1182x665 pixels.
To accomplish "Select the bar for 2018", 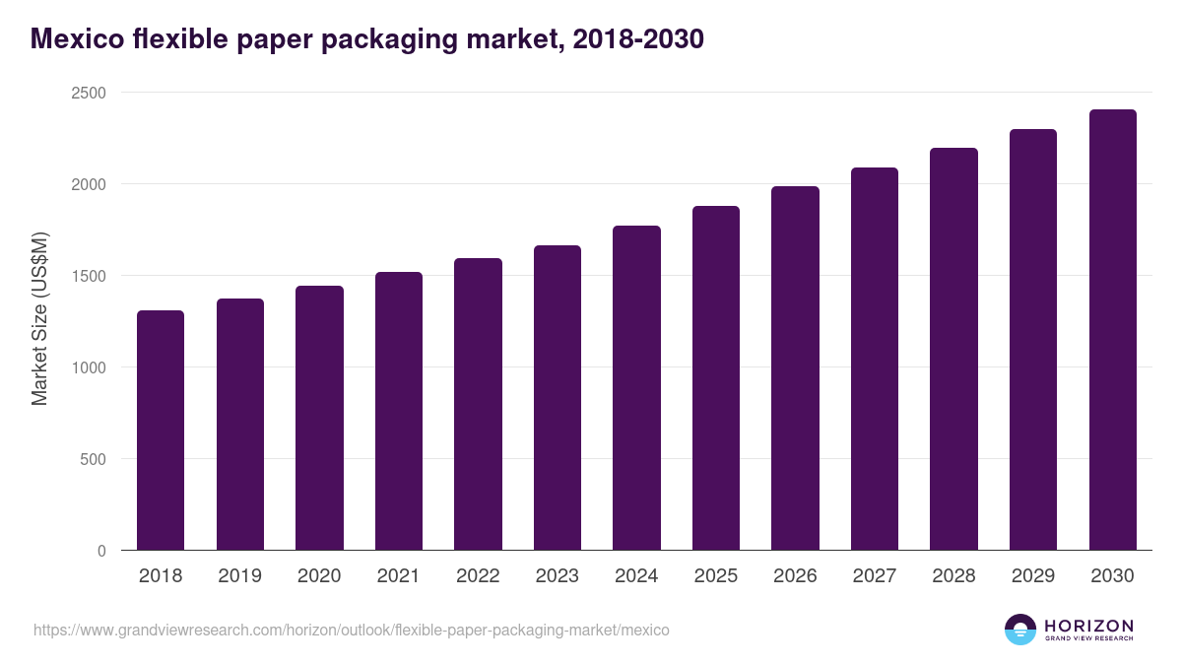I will [161, 431].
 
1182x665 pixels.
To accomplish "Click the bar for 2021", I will [398, 412].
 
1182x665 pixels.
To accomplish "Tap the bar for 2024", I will [636, 388].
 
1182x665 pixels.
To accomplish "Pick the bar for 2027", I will [874, 360].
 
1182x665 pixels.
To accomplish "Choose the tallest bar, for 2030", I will [1112, 330].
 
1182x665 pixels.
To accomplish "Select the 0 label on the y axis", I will [101, 551].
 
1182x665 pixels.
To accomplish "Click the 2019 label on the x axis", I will [239, 576].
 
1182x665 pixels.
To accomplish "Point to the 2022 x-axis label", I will [478, 576].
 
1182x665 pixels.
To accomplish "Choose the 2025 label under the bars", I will [715, 576].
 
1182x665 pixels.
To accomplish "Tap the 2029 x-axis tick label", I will [1032, 576].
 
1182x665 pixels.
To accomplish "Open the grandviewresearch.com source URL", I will [351, 630].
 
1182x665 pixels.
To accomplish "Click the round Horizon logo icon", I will [1020, 630].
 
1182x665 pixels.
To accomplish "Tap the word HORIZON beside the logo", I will [1088, 625].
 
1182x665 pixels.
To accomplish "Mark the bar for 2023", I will [557, 398].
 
